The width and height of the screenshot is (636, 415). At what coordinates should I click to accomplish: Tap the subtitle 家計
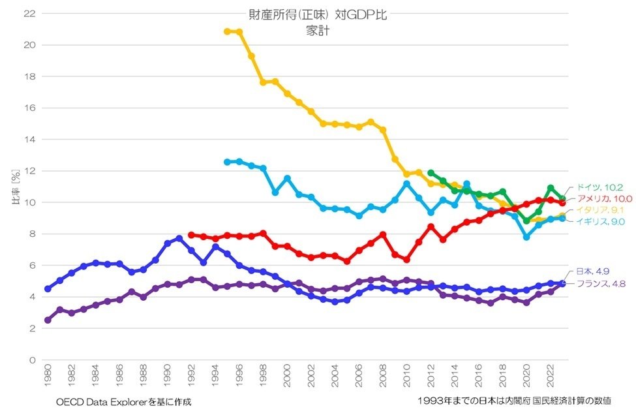[x=317, y=30]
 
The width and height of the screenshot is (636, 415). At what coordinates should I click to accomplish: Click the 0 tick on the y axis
[x=31, y=360]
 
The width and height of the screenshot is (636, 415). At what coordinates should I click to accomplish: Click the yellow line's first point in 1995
[x=227, y=31]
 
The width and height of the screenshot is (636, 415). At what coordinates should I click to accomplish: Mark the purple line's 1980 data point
[x=48, y=320]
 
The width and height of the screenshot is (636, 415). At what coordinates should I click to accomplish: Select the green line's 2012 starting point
[x=431, y=173]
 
